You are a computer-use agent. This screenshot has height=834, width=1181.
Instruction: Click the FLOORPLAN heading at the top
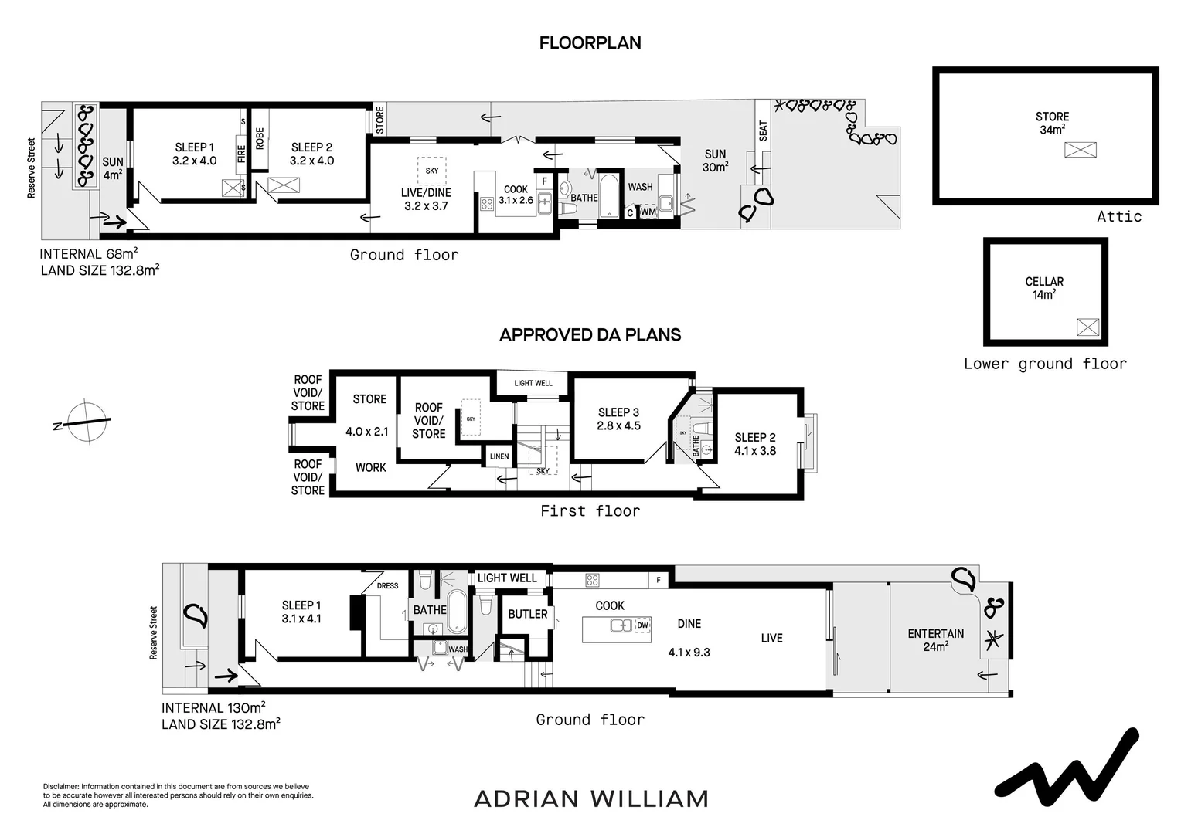pyautogui.click(x=590, y=43)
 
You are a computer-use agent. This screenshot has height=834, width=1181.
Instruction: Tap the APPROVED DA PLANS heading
pyautogui.click(x=590, y=335)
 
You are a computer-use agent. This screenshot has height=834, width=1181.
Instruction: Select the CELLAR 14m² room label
pyautogui.click(x=1044, y=288)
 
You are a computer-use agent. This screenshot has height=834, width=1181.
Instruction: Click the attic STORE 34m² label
pyautogui.click(x=1052, y=124)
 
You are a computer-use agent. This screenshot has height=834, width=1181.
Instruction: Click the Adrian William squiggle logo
pyautogui.click(x=1066, y=765)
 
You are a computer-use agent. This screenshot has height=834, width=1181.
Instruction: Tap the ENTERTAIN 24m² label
pyautogui.click(x=935, y=640)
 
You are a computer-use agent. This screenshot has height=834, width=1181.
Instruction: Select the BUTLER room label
pyautogui.click(x=528, y=614)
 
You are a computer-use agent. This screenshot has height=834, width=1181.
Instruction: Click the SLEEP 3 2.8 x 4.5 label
pyautogui.click(x=618, y=419)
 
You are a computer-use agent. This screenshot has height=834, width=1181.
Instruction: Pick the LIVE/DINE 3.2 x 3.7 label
pyautogui.click(x=426, y=199)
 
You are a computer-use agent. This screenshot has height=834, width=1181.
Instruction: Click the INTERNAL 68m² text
pyautogui.click(x=88, y=254)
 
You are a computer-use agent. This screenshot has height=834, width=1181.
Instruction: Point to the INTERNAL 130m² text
pyautogui.click(x=213, y=707)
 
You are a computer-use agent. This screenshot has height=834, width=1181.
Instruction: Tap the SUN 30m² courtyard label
pyautogui.click(x=715, y=161)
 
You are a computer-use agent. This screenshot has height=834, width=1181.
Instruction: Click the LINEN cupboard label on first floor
pyautogui.click(x=499, y=456)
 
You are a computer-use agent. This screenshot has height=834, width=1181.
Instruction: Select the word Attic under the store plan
pyautogui.click(x=1118, y=216)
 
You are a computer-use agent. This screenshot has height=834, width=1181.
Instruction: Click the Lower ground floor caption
pyautogui.click(x=1044, y=364)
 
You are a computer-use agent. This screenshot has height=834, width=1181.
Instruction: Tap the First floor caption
pyautogui.click(x=590, y=510)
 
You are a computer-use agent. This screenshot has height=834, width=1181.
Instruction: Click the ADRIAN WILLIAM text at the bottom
pyautogui.click(x=590, y=798)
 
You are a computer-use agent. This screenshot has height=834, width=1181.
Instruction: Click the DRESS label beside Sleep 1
pyautogui.click(x=387, y=585)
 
